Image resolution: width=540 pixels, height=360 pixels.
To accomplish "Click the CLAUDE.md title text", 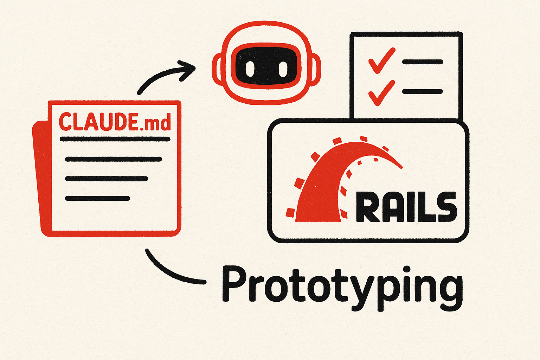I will click(x=115, y=122).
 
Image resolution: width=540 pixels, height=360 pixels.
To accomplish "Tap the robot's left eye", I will click(x=250, y=69).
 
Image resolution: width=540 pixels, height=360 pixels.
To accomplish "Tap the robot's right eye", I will click(x=283, y=69).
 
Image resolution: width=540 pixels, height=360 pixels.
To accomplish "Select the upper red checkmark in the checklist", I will click(x=381, y=60).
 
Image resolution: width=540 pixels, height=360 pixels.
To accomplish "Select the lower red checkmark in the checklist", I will click(x=381, y=92).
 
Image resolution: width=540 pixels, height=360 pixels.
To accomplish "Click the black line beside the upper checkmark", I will click(x=422, y=62).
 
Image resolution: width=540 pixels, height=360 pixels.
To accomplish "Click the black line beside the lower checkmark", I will click(x=422, y=92).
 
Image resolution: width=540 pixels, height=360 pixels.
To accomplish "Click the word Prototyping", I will click(x=342, y=287).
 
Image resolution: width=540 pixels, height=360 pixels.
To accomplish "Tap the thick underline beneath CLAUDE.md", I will click(x=115, y=139).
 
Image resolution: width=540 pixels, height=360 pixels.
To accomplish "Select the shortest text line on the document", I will click(x=97, y=199).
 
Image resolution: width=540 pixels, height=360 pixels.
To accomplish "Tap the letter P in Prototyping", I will click(x=233, y=284).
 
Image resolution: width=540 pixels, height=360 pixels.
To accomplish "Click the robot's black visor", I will click(x=266, y=67).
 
